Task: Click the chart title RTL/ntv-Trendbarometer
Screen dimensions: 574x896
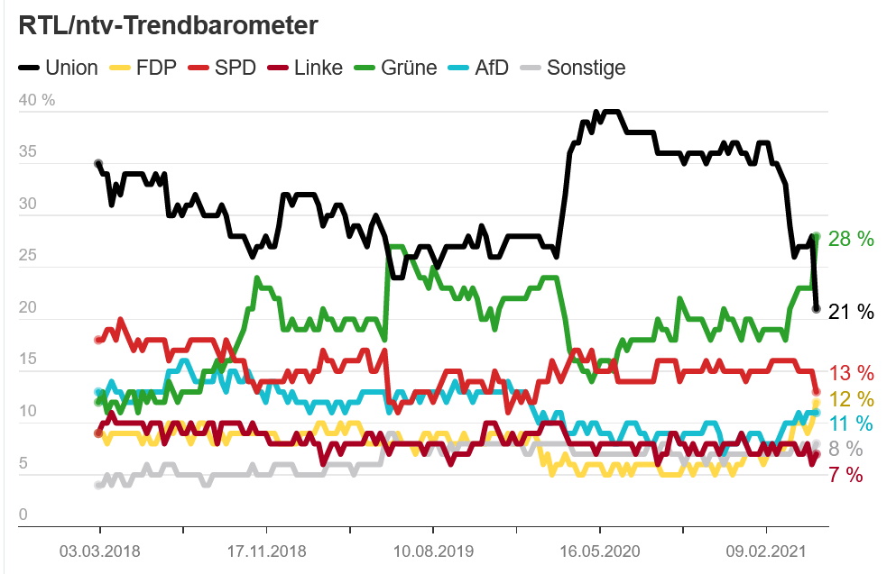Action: coord(169,26)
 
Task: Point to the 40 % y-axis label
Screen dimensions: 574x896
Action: coord(37,100)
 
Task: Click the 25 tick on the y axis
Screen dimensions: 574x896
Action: coord(28,257)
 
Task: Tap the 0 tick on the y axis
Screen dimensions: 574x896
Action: coord(23,515)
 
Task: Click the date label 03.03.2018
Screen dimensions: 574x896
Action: coord(98,551)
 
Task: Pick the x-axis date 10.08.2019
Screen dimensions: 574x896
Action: coord(432,551)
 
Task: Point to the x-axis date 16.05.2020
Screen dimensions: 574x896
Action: coord(599,551)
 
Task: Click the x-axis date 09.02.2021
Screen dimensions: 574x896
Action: coord(766,551)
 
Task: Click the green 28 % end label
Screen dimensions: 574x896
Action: coord(852,239)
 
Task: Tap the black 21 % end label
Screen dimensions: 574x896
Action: coord(852,312)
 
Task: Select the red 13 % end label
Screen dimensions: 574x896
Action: coord(852,373)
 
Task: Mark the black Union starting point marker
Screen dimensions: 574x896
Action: coord(98,164)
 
